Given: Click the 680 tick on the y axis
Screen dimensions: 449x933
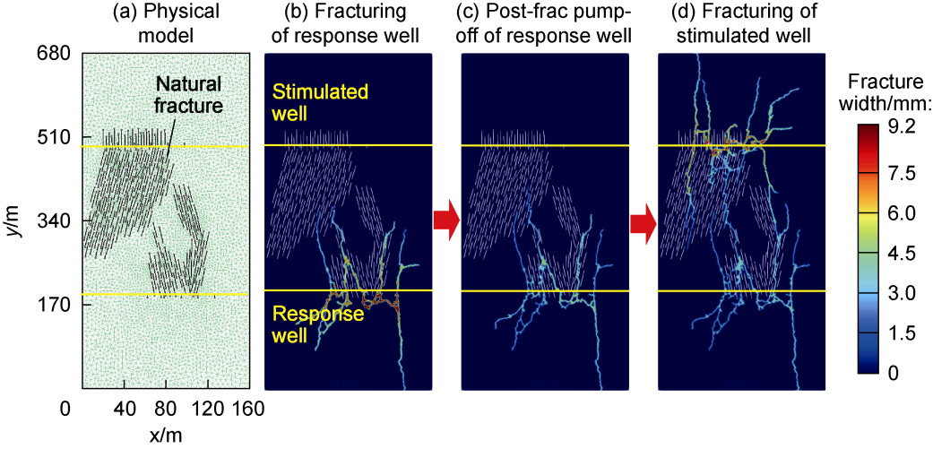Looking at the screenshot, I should coord(54,53).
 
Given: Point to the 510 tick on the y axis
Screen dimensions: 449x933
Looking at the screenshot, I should coord(54,138).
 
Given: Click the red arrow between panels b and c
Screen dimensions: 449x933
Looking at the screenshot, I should coord(446,219).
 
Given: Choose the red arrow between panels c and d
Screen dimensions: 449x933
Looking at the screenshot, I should coord(644,219).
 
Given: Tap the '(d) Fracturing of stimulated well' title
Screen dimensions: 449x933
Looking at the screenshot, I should coord(741,24).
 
